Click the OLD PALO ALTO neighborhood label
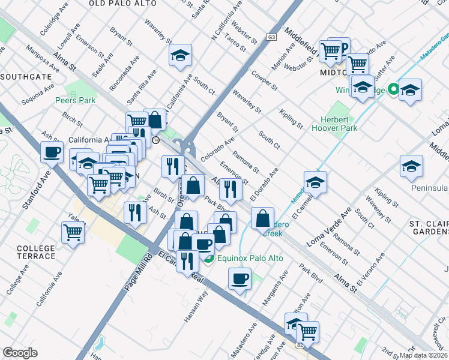tap(122, 4)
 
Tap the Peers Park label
tap(75, 100)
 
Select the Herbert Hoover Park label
tap(334, 124)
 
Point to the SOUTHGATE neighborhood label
tap(22, 77)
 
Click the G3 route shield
tap(272, 37)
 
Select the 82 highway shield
tap(300, 345)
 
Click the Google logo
tap(20, 353)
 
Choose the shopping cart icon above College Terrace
tap(73, 232)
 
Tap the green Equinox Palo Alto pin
tap(209, 259)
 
